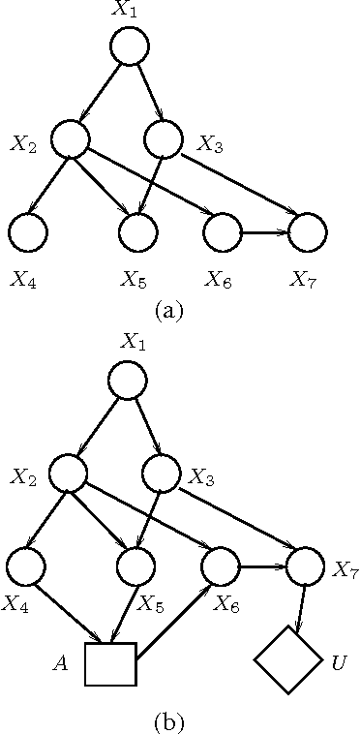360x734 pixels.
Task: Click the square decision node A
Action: click(108, 663)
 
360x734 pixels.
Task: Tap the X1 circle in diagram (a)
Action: click(129, 46)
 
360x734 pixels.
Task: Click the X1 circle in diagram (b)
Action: click(129, 381)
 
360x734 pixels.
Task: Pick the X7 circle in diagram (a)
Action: click(309, 232)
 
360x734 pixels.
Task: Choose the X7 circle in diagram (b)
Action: click(306, 566)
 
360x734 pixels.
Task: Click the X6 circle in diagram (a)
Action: click(223, 232)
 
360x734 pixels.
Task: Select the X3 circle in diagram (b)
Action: click(161, 473)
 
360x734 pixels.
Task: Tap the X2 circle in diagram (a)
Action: click(70, 139)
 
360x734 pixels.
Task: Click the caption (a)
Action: click(167, 311)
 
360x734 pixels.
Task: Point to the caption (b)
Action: click(167, 721)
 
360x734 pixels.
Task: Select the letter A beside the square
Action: click(60, 664)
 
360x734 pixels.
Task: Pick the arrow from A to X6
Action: click(174, 623)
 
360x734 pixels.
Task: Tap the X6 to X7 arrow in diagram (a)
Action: click(265, 232)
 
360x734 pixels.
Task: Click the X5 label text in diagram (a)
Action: click(134, 281)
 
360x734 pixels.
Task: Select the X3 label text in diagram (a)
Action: click(211, 144)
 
